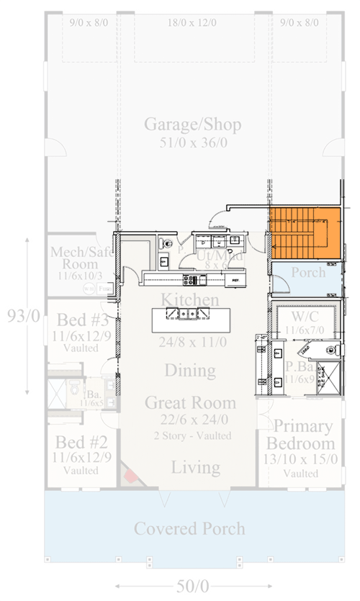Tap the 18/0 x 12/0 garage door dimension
click(192, 23)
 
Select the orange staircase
click(304, 233)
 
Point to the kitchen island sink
click(186, 313)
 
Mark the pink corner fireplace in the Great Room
click(130, 475)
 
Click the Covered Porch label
click(189, 529)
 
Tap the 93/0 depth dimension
click(17, 315)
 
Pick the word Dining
click(190, 371)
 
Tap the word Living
click(195, 468)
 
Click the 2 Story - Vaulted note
click(192, 435)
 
